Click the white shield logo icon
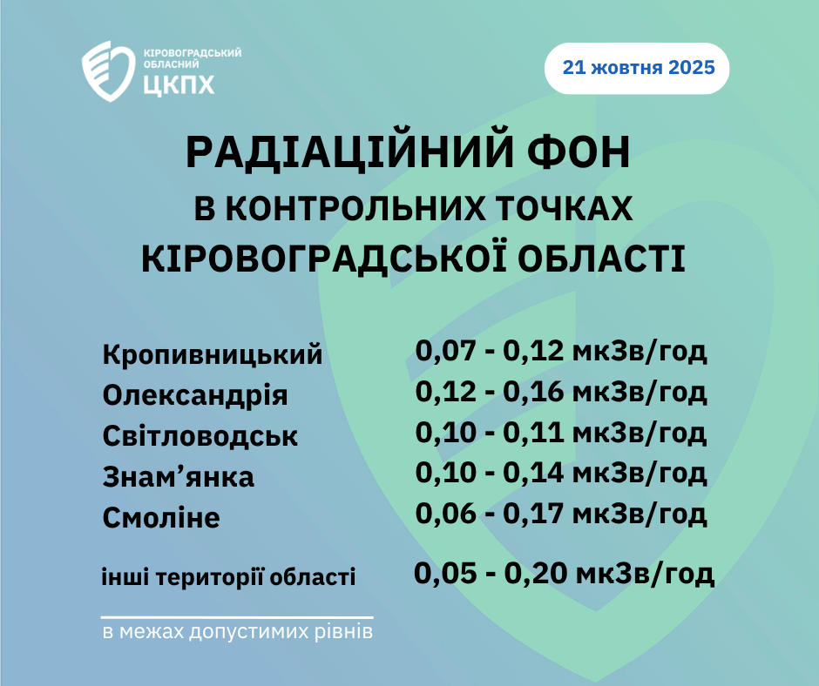[108, 71]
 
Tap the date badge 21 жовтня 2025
[637, 69]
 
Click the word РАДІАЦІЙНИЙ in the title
[349, 152]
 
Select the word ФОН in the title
[579, 153]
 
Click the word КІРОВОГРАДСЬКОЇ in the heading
[324, 259]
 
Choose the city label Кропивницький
[213, 355]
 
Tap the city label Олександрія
[195, 396]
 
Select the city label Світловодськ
[200, 436]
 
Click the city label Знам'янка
[178, 477]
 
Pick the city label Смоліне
[161, 518]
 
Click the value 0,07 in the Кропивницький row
[445, 352]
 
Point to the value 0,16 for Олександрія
[533, 392]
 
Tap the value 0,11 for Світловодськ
[533, 433]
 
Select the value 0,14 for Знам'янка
[533, 473]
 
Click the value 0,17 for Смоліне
[533, 514]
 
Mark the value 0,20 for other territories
[535, 573]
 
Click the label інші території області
[228, 577]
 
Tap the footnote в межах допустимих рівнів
[238, 632]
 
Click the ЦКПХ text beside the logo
[179, 84]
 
